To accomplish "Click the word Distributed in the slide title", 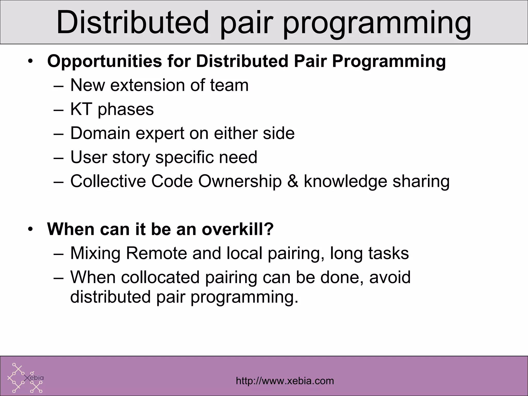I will (x=132, y=23).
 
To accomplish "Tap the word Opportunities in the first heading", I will (x=104, y=62).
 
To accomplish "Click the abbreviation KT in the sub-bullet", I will (x=81, y=109).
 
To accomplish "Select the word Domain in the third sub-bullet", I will (x=100, y=133).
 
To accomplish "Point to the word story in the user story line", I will (x=131, y=157).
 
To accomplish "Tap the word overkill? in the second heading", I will (x=237, y=229).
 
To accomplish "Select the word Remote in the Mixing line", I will (x=156, y=253).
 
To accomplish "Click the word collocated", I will (x=160, y=277).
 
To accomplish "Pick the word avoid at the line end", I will (x=390, y=277).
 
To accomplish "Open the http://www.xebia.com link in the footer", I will (x=285, y=381).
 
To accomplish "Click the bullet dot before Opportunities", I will (x=31, y=62).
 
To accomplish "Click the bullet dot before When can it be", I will (x=31, y=229).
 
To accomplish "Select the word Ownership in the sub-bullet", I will (x=240, y=181).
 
